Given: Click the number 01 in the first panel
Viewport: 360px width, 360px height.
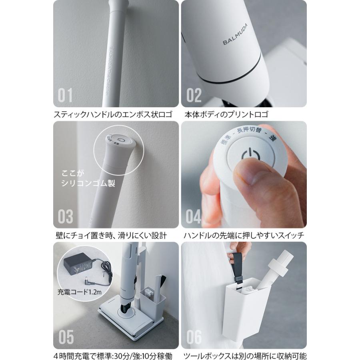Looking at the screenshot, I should click(x=66, y=95).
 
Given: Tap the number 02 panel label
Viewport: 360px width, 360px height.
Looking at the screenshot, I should click(x=194, y=95).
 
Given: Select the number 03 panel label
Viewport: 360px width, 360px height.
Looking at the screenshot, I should click(x=66, y=216).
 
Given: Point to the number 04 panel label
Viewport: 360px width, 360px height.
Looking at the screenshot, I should click(x=194, y=216).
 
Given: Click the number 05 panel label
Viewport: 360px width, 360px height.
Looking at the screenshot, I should click(x=66, y=337).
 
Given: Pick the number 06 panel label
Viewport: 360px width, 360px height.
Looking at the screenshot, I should click(x=194, y=337).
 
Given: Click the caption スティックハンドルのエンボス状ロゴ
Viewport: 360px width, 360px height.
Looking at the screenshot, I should click(x=113, y=115).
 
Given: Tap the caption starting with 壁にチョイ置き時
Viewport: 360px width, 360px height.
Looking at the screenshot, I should click(x=111, y=235).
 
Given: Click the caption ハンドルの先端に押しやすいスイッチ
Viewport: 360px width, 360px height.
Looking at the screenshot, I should click(x=244, y=235).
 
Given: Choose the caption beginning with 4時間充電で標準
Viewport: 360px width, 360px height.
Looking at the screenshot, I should click(x=113, y=356).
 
